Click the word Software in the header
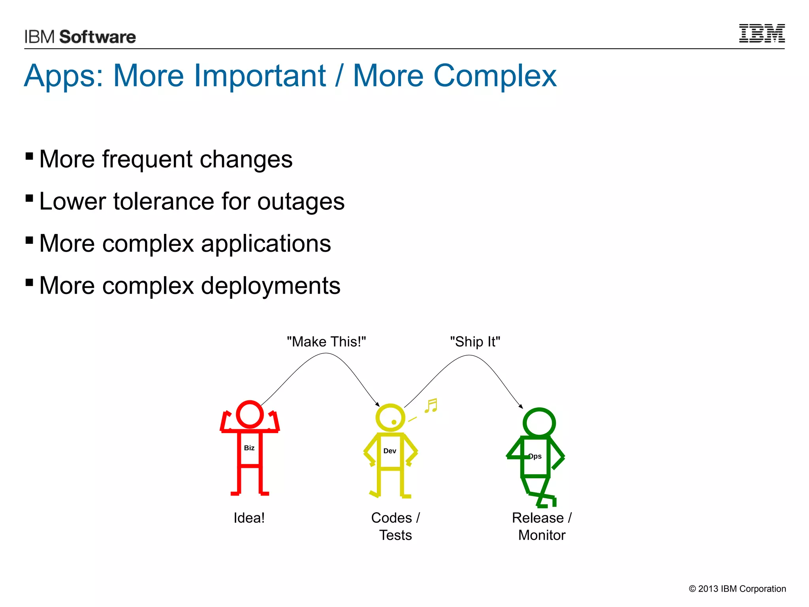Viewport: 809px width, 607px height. click(98, 37)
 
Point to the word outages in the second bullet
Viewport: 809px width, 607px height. click(301, 202)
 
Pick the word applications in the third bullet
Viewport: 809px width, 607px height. click(266, 243)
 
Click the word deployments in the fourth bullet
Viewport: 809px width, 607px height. click(271, 286)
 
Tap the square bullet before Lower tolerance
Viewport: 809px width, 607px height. click(29, 198)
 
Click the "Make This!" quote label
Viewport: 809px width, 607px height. click(326, 342)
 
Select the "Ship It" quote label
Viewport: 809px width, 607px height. click(475, 342)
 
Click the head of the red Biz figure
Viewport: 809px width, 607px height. click(250, 414)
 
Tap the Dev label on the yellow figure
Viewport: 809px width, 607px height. click(389, 451)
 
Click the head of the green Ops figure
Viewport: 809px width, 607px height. click(539, 422)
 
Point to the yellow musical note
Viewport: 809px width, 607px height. click(431, 406)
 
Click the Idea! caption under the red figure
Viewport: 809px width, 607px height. click(249, 518)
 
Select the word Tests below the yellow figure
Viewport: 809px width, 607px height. click(395, 535)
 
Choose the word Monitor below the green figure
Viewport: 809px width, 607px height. click(542, 535)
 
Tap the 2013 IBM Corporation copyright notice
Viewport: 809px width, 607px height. click(737, 589)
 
